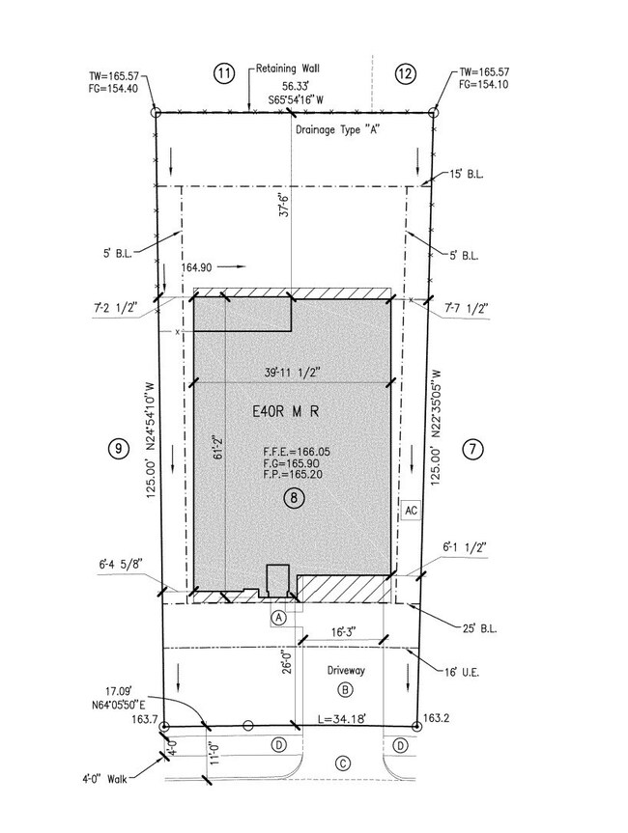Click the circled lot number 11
224,73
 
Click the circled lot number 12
405,73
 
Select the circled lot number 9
118,449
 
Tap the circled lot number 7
472,450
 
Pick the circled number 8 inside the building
294,498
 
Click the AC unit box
411,511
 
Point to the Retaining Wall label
288,68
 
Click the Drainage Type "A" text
336,129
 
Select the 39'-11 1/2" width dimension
291,373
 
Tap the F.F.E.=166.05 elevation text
297,452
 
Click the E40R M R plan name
286,411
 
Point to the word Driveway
346,671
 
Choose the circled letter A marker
278,618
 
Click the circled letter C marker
343,764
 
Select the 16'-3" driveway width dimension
344,632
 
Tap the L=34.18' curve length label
341,719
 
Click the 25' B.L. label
480,628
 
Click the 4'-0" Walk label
104,779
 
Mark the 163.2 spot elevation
434,718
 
